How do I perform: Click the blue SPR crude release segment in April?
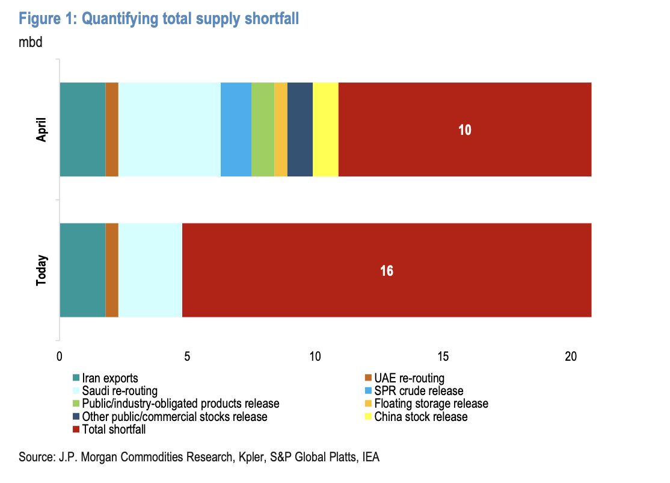point(236,129)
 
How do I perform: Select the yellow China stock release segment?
point(325,129)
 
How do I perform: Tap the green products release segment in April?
point(263,129)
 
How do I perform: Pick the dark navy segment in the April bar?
point(300,129)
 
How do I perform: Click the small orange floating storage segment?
point(281,129)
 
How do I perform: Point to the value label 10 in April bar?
point(464,129)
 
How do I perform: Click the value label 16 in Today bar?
point(386,270)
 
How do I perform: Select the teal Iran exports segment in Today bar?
point(82,270)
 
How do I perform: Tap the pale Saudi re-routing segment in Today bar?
point(150,270)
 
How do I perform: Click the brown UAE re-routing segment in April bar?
point(112,129)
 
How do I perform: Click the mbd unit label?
point(31,43)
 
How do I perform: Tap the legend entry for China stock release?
point(420,417)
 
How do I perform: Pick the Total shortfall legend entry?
point(113,429)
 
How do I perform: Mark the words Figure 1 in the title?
point(46,19)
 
